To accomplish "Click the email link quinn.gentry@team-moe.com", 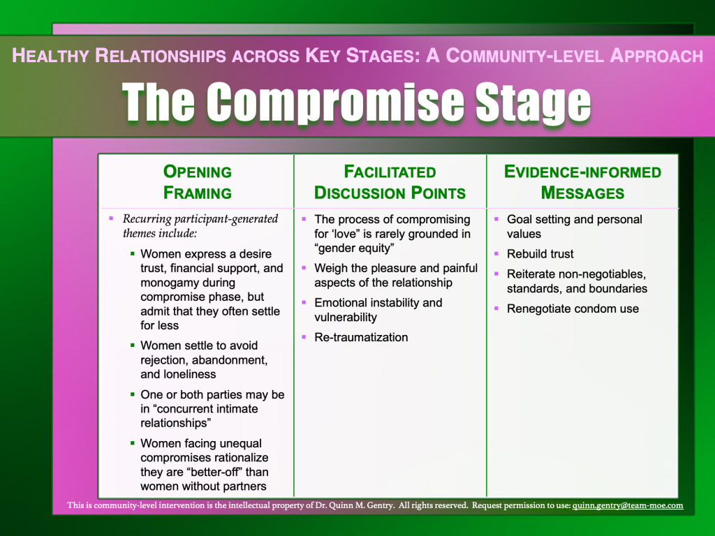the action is coord(628,505).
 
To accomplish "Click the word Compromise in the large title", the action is coord(335,102).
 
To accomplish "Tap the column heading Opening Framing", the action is coord(198,182).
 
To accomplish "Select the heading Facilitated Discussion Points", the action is coord(390,182).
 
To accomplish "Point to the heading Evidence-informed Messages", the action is coord(583,182).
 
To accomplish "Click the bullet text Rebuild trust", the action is coord(540,254).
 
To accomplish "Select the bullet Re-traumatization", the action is coord(361,337).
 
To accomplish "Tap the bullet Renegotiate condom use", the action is coord(573,308).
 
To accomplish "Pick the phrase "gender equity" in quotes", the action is coord(354,248).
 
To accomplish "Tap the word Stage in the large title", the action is coord(533,103).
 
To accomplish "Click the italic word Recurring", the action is coord(147,218).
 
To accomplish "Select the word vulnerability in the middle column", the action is coord(346,318).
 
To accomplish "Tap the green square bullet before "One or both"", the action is coord(133,394).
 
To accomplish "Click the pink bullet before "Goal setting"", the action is coord(496,219).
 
